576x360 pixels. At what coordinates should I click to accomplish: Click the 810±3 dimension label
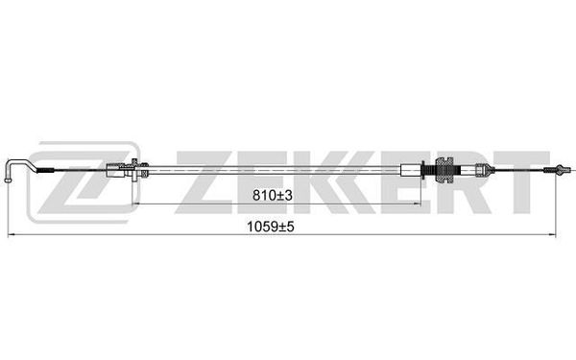pyautogui.click(x=273, y=196)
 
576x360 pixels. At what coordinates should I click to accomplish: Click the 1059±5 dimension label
pyautogui.click(x=271, y=227)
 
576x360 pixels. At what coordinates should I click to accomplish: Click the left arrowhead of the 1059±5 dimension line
pyautogui.click(x=11, y=234)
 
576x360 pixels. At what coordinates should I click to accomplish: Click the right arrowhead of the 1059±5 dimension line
pyautogui.click(x=552, y=234)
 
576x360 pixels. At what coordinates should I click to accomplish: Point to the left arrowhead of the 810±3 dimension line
pyautogui.click(x=136, y=204)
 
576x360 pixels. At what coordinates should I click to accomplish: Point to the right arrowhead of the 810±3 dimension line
pyautogui.click(x=417, y=204)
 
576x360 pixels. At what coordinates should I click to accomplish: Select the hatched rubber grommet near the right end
pyautogui.click(x=444, y=170)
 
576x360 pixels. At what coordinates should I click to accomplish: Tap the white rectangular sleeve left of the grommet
pyautogui.click(x=411, y=171)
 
